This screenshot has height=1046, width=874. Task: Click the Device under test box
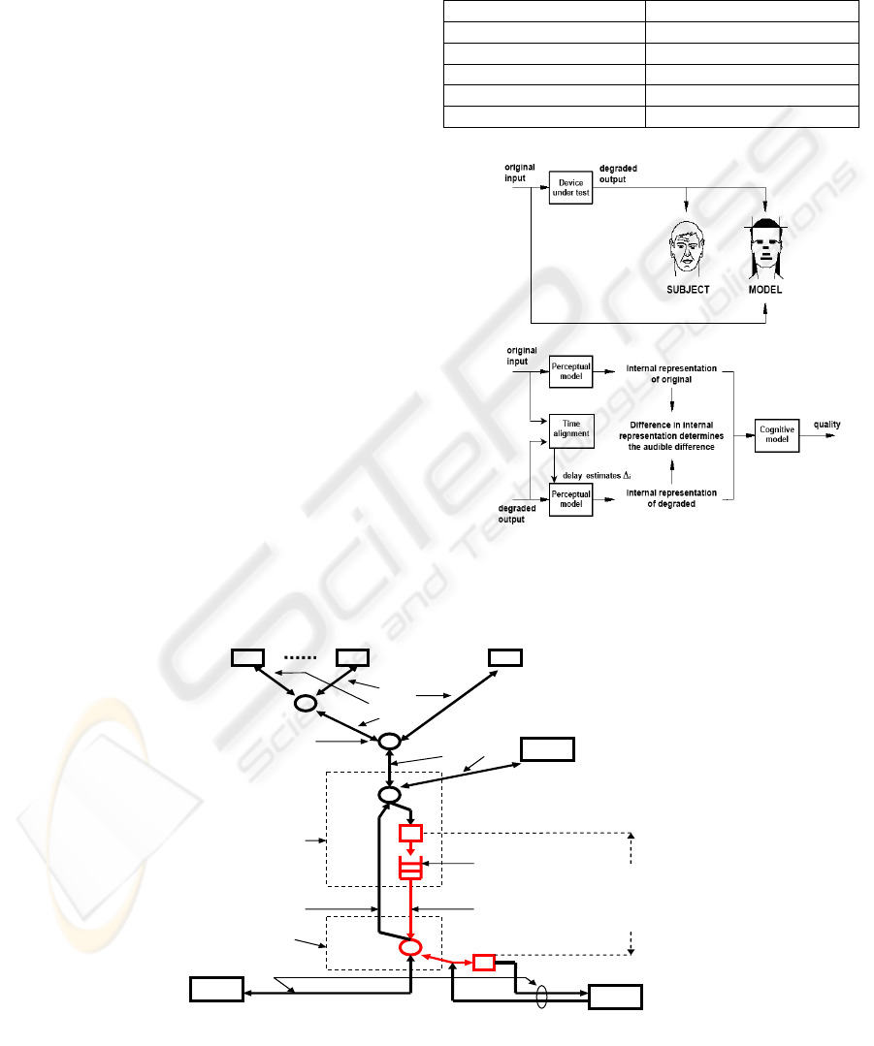568,188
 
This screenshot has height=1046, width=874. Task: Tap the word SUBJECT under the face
689,290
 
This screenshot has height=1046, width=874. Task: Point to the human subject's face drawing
688,247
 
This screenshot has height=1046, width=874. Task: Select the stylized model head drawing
766,247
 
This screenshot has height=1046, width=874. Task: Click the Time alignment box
570,428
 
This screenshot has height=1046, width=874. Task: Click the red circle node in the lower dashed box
411,946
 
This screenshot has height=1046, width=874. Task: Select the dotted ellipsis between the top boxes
300,657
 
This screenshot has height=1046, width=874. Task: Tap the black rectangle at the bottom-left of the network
215,991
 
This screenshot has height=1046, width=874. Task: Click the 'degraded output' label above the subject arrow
617,174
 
